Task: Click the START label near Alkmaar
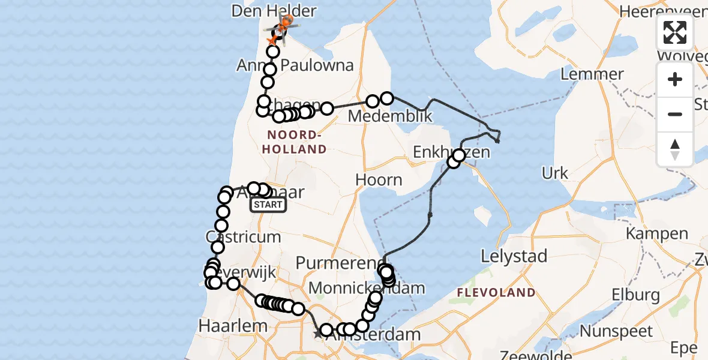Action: (x=268, y=205)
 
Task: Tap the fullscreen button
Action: (x=675, y=32)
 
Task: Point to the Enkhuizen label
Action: (x=451, y=152)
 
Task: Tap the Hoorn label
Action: (x=379, y=179)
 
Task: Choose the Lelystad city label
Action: (x=515, y=256)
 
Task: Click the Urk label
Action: (x=555, y=173)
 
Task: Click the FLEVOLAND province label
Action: (x=496, y=293)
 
